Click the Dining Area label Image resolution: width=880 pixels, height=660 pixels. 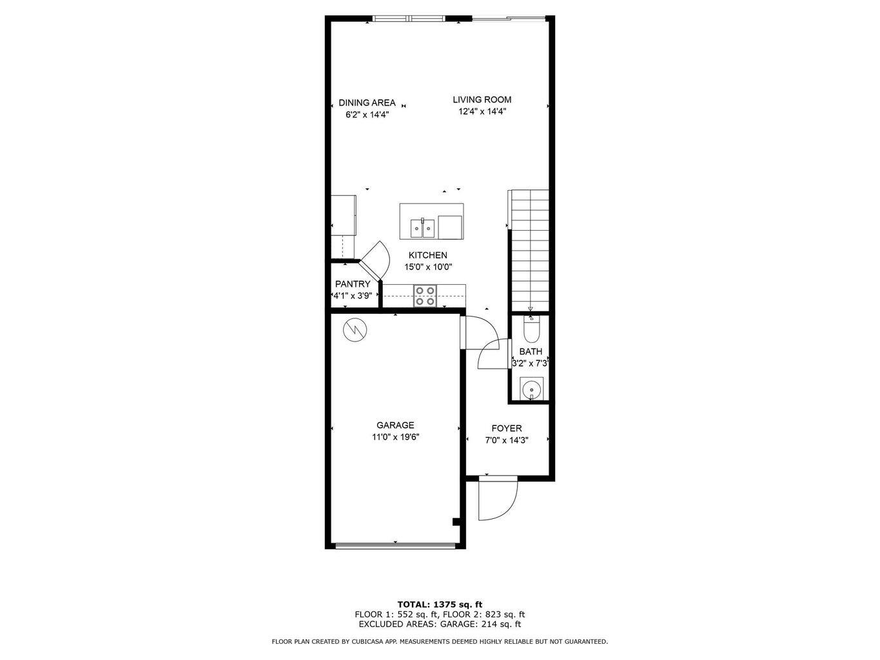pyautogui.click(x=367, y=103)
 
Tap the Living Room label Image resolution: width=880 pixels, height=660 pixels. pyautogui.click(x=482, y=99)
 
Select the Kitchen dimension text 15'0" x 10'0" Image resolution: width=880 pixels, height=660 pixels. pyautogui.click(x=428, y=267)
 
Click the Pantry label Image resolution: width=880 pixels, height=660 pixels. pyautogui.click(x=353, y=284)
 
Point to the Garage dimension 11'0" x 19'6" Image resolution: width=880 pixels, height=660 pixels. pyautogui.click(x=395, y=437)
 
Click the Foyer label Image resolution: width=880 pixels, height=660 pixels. pyautogui.click(x=507, y=429)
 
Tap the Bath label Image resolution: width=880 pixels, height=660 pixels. pyautogui.click(x=531, y=352)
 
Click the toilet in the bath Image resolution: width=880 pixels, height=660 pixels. pyautogui.click(x=531, y=331)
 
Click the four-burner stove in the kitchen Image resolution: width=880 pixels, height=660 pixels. pyautogui.click(x=425, y=296)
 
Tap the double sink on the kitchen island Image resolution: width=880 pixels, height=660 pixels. pyautogui.click(x=423, y=228)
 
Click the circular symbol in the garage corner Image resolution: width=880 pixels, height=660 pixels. pyautogui.click(x=354, y=331)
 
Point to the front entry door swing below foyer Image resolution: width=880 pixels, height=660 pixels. pyautogui.click(x=497, y=500)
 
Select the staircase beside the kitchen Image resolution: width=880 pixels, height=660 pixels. pyautogui.click(x=529, y=251)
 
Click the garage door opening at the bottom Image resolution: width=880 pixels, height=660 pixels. pyautogui.click(x=395, y=545)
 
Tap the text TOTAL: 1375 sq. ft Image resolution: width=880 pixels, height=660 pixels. pyautogui.click(x=440, y=605)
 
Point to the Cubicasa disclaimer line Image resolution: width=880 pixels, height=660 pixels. pyautogui.click(x=440, y=641)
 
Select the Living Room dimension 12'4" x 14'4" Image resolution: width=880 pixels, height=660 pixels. pyautogui.click(x=482, y=112)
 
